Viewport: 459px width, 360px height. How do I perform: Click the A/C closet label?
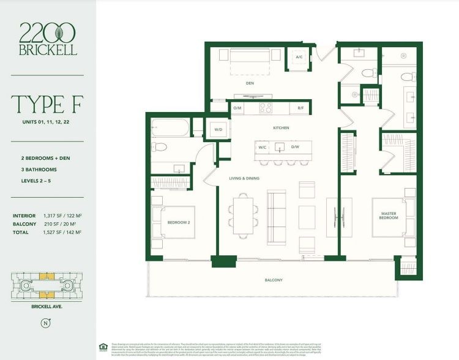click(x=299, y=58)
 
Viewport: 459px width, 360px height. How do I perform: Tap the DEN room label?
click(x=250, y=83)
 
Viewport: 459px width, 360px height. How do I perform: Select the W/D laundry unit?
click(x=218, y=130)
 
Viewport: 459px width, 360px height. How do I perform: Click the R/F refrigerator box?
click(x=300, y=108)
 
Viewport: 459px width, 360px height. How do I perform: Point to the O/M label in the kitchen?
click(x=239, y=108)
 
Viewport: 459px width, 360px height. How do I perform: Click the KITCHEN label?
click(x=281, y=128)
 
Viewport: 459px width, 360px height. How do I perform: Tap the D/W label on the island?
click(x=295, y=147)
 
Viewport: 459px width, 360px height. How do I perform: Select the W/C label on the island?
click(x=263, y=147)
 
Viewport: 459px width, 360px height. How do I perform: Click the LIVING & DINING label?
click(x=244, y=178)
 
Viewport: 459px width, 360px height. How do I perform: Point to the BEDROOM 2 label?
click(x=177, y=222)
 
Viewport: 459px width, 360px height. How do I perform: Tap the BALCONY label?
click(x=274, y=280)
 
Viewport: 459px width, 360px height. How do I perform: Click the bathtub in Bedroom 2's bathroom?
click(x=169, y=128)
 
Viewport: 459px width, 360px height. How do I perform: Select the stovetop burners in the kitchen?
click(x=266, y=108)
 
